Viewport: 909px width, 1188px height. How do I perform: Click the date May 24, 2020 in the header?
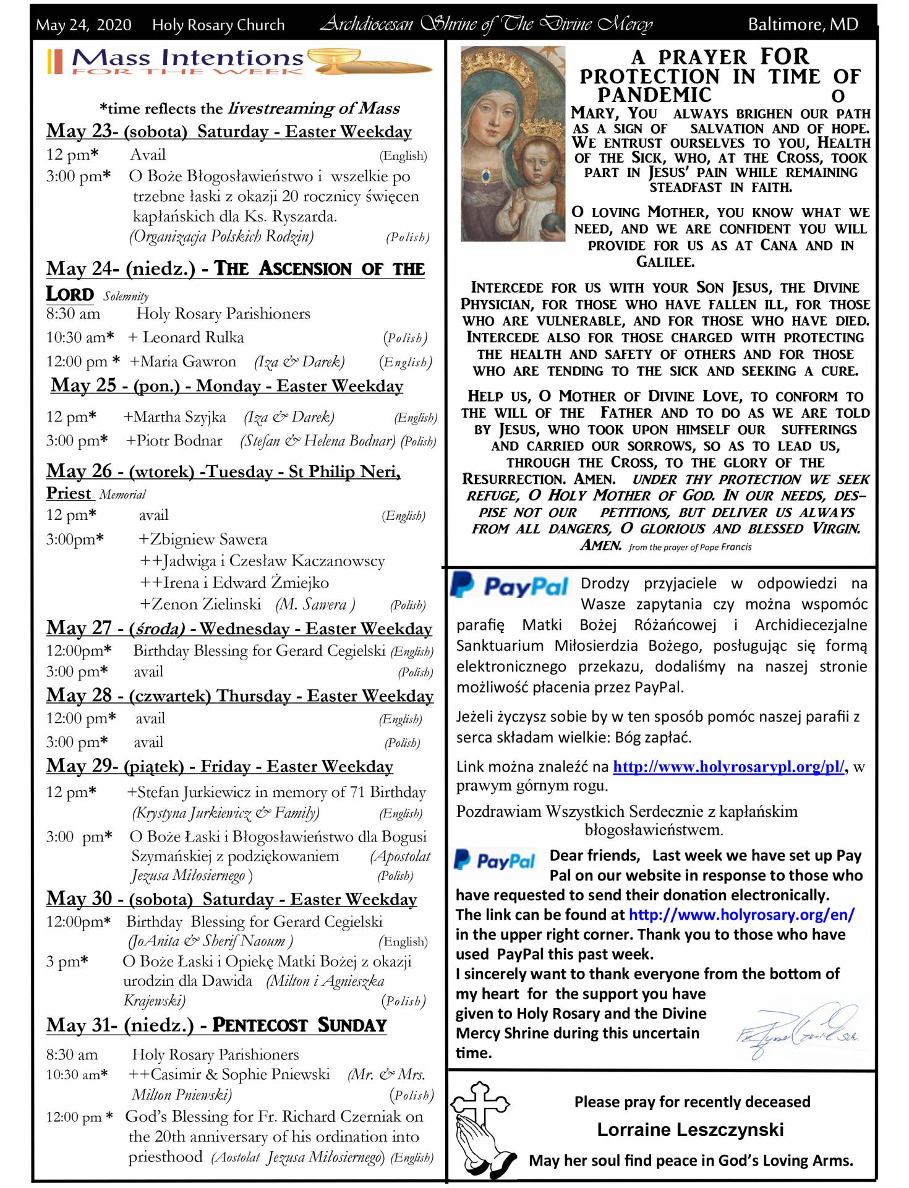83,25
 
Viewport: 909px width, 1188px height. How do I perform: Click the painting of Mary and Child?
513,144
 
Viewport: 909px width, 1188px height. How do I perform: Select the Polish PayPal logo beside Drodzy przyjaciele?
510,585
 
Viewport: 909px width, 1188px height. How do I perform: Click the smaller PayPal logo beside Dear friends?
495,859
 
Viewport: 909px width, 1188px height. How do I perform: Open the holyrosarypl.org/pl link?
728,767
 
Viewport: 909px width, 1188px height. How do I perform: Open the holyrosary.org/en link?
741,915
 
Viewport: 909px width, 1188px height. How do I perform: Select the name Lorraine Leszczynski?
690,1130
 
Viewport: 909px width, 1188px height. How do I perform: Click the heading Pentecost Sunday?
299,1025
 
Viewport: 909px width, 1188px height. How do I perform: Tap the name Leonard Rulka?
193,337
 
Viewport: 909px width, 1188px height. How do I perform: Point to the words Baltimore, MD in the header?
803,25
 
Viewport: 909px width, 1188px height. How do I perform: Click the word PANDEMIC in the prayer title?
654,95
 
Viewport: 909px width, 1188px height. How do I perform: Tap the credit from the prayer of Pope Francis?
690,547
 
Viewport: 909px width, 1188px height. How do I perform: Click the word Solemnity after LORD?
126,296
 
